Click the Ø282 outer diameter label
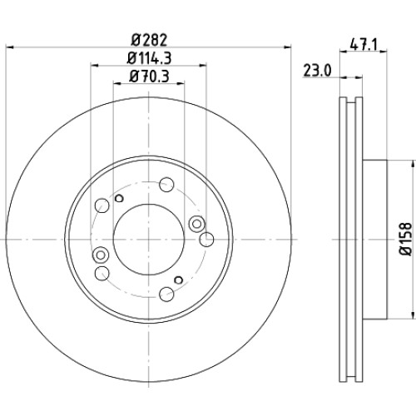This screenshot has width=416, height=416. [x=149, y=41]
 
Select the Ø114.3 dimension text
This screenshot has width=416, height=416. [x=149, y=58]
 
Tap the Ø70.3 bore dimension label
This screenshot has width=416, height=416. [x=149, y=76]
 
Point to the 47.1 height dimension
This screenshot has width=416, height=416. [x=364, y=44]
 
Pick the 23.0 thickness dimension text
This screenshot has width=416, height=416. [x=317, y=71]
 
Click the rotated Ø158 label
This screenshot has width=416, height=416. [x=405, y=239]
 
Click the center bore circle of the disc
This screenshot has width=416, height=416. [x=149, y=240]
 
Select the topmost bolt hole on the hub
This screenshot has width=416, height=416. [x=166, y=185]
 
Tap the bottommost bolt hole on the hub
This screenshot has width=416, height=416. [x=166, y=294]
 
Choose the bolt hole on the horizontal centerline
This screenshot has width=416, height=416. [x=206, y=240]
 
